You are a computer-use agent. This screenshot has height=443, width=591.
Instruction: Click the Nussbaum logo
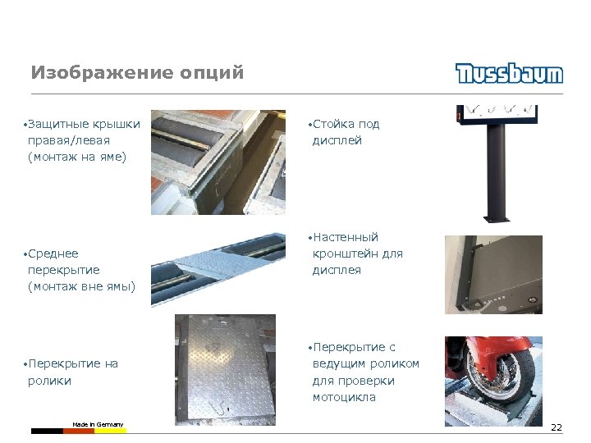pyautogui.click(x=509, y=73)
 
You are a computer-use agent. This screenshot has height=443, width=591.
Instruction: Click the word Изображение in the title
pyautogui.click(x=103, y=72)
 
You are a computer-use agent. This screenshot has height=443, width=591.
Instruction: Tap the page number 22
pyautogui.click(x=557, y=427)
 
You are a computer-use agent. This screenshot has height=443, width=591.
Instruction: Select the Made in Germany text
pyautogui.click(x=98, y=425)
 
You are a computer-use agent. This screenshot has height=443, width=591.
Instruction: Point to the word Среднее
pyautogui.click(x=53, y=253)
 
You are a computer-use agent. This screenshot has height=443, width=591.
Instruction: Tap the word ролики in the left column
pyautogui.click(x=49, y=381)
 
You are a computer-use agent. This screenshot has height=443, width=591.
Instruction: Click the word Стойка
pyautogui.click(x=333, y=124)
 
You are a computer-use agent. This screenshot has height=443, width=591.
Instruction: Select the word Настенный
pyautogui.click(x=346, y=237)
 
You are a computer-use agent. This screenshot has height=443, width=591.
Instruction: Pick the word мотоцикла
pyautogui.click(x=344, y=397)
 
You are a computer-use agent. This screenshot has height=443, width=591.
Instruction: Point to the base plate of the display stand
pyautogui.click(x=497, y=219)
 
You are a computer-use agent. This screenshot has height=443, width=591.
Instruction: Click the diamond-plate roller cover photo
pyautogui.click(x=225, y=370)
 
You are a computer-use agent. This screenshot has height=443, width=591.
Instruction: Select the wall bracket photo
pyautogui.click(x=493, y=275)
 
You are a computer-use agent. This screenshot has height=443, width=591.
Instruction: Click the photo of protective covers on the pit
pyautogui.click(x=218, y=162)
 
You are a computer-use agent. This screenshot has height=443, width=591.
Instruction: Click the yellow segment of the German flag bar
pyautogui.click(x=111, y=431)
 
